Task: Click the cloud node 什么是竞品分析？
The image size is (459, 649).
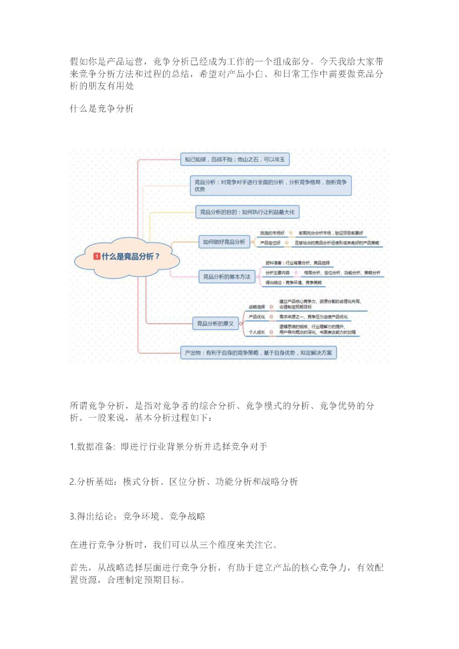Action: click(x=126, y=257)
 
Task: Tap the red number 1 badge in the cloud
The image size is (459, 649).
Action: click(x=97, y=257)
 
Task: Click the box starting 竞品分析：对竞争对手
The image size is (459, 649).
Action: click(x=270, y=185)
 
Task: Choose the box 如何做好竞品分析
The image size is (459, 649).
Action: click(x=224, y=241)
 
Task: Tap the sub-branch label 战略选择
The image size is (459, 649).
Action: click(x=257, y=306)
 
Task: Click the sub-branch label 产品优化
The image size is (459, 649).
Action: click(x=257, y=316)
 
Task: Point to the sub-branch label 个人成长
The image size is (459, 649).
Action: click(x=257, y=331)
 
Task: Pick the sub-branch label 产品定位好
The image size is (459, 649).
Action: click(x=271, y=243)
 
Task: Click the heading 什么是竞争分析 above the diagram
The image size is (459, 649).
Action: click(x=101, y=109)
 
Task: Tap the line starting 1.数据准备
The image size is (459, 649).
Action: click(x=168, y=447)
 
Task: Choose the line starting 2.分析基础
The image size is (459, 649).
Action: click(x=184, y=482)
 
